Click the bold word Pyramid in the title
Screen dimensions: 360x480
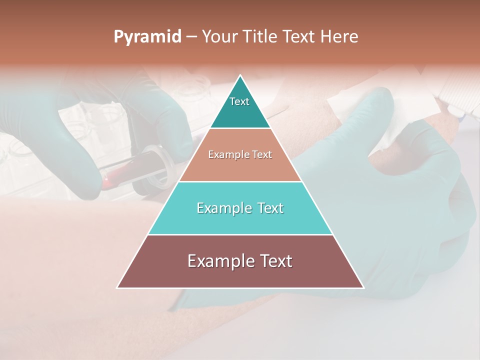pos(147,36)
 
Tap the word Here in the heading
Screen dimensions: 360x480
pos(339,36)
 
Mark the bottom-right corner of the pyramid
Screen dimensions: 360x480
pos(363,287)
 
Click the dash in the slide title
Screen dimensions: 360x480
pos(191,36)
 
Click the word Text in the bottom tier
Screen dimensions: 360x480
pos(274,261)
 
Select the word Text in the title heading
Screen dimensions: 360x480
pos(298,36)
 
